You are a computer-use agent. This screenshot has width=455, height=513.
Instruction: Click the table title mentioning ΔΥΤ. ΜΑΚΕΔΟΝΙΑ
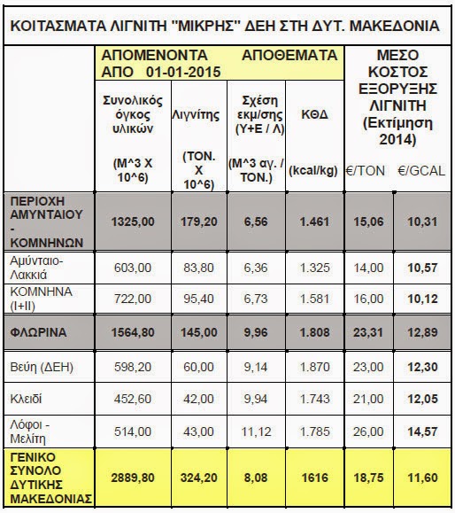(227, 26)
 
